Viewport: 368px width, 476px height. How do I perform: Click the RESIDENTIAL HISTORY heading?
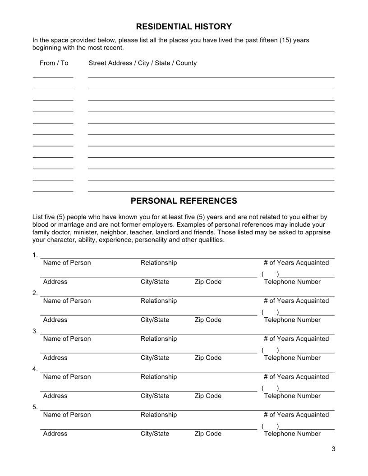(184, 27)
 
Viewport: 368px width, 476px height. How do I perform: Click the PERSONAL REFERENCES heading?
(184, 201)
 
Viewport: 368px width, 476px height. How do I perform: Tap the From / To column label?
(54, 63)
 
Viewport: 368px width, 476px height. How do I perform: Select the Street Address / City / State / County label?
(143, 63)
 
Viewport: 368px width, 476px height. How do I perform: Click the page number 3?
(333, 449)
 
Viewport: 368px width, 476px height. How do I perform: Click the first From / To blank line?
(53, 77)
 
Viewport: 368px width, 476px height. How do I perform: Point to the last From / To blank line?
(53, 191)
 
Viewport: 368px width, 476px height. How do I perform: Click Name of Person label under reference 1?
(67, 263)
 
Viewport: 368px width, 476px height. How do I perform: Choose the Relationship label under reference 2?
(159, 301)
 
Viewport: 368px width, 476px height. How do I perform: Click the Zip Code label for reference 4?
(208, 396)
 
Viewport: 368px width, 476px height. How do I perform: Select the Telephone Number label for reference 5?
(292, 434)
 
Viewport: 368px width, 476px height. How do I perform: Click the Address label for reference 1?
(55, 282)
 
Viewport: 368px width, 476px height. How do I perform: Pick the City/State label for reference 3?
(155, 358)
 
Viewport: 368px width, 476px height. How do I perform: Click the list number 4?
(35, 369)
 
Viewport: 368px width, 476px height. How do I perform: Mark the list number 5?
(35, 407)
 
